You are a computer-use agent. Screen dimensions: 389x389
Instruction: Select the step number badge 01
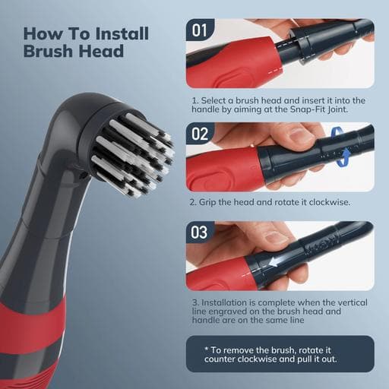pos(199,30)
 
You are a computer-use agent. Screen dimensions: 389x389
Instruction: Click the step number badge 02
pos(199,134)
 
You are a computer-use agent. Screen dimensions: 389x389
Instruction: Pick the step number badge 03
pos(199,232)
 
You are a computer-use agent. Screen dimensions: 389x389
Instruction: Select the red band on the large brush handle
pos(32,327)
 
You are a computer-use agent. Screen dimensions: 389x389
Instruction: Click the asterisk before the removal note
pos(207,349)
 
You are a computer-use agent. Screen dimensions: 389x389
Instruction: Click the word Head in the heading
pos(101,51)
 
